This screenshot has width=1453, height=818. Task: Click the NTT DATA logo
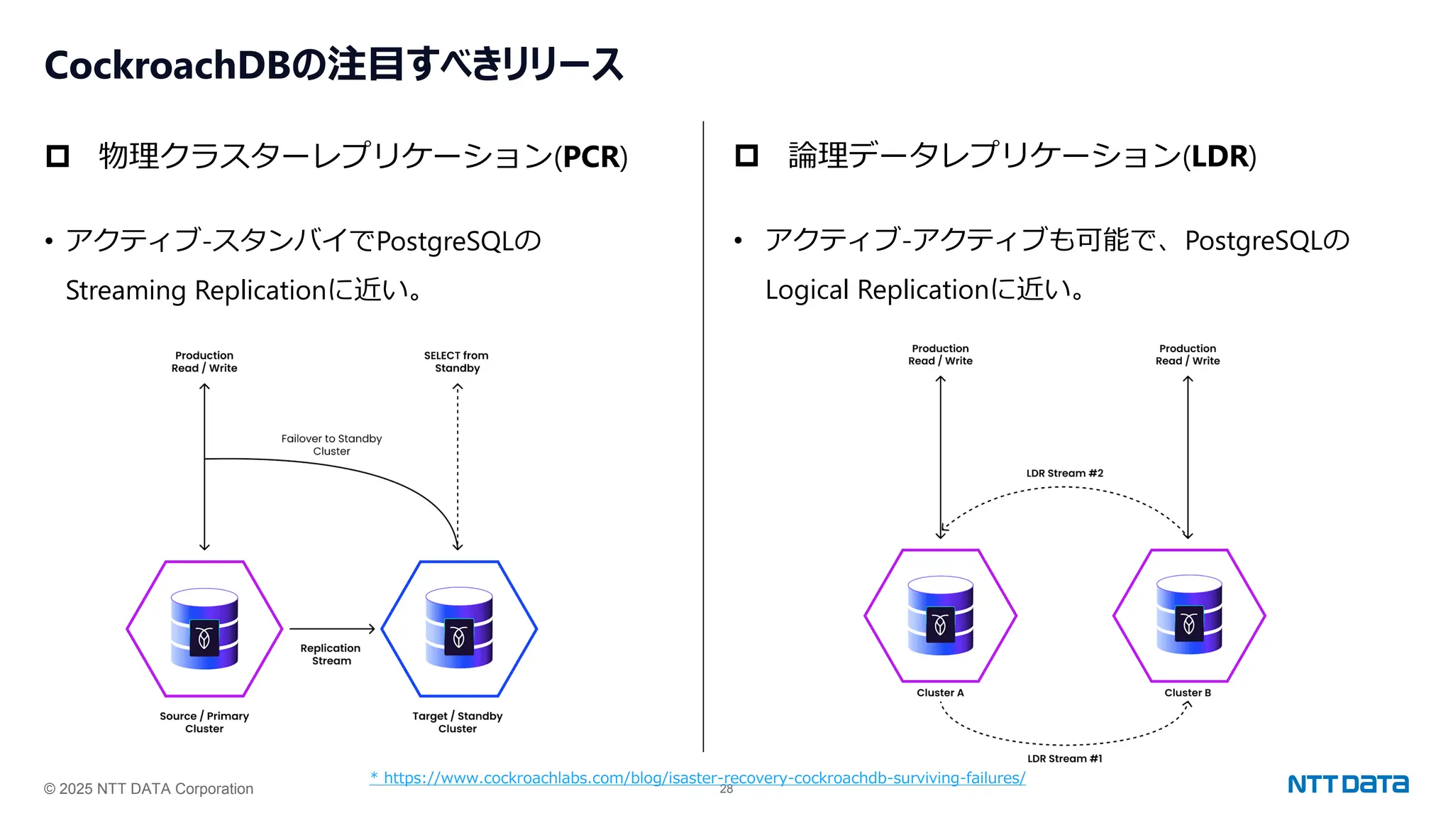pos(1347,784)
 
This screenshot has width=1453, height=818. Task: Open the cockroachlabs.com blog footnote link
pos(697,778)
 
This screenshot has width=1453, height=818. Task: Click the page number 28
pos(726,790)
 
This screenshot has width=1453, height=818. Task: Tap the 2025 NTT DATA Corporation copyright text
pos(148,789)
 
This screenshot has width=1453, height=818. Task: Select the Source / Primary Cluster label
pos(204,722)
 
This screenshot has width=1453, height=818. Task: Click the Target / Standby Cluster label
pos(458,722)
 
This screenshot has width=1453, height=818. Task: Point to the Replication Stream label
pos(331,654)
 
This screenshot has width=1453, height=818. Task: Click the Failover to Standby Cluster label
pos(331,445)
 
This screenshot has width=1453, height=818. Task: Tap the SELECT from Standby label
pos(456,361)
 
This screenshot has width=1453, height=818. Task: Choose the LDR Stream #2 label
pos(1064,473)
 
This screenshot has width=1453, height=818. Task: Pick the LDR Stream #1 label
pos(1064,758)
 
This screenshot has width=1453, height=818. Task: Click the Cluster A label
pos(940,692)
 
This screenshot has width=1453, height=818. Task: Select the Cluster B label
pos(1188,692)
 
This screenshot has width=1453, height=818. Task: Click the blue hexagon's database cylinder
pos(459,628)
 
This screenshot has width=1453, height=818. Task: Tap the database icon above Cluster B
pos(1189,615)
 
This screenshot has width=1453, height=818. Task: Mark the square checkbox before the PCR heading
pos(57,156)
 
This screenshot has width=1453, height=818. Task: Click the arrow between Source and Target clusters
pos(331,628)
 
